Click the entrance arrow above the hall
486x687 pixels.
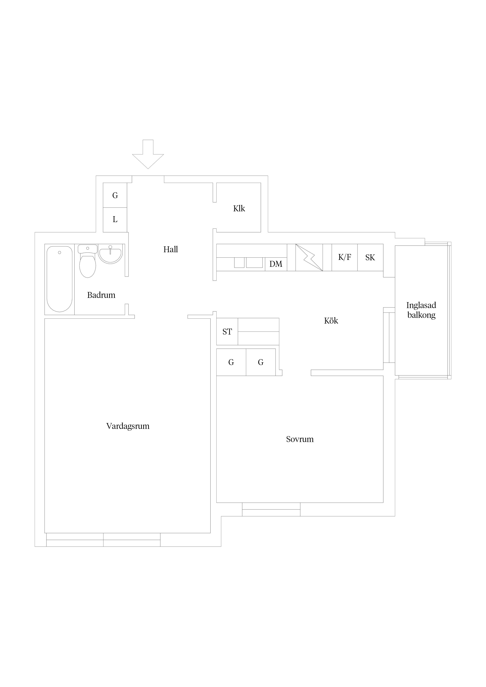(148, 154)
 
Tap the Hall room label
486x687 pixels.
(171, 249)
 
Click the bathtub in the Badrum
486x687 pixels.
(60, 279)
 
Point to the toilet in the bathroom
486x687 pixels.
(87, 261)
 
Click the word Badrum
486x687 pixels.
(101, 295)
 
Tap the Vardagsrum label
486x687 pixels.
(128, 426)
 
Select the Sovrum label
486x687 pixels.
(300, 439)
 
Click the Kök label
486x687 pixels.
(331, 321)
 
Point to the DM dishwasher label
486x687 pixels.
(276, 264)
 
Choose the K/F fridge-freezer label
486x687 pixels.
(345, 257)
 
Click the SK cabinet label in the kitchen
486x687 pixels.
(370, 257)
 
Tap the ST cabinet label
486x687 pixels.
(227, 332)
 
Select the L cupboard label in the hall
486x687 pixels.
(115, 219)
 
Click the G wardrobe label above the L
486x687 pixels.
(115, 195)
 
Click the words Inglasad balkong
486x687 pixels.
(421, 310)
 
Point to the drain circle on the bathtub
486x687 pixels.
(60, 253)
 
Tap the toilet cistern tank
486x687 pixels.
(87, 249)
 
